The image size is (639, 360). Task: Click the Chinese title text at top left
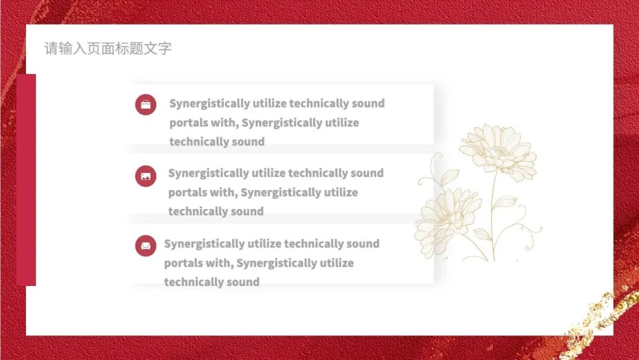tap(108, 49)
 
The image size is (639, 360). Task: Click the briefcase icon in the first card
tap(146, 105)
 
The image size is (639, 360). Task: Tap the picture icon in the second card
tap(146, 176)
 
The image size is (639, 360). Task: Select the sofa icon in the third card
tap(146, 245)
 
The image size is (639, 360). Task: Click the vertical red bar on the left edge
tap(26, 179)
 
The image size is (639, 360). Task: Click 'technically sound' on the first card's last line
tap(217, 142)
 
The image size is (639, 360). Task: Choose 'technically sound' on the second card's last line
tap(215, 212)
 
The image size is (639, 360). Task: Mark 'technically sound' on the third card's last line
tap(211, 282)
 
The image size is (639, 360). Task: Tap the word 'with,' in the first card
tap(225, 123)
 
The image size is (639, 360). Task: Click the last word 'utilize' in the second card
tap(340, 193)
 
